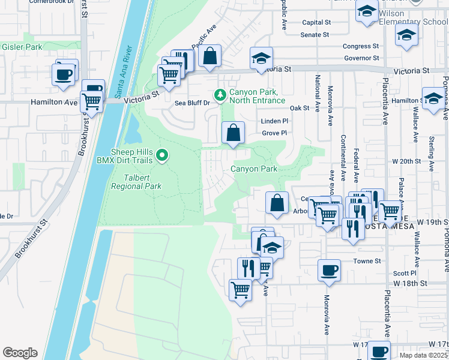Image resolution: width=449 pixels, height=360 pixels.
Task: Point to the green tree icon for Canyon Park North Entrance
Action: tap(220, 95)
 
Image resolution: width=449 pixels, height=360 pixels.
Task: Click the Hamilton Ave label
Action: tap(55, 103)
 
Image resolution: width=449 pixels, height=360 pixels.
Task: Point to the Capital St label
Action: tap(316, 22)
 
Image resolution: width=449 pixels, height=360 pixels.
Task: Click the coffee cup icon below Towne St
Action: tap(329, 271)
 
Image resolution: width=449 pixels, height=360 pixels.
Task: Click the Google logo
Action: tap(20, 353)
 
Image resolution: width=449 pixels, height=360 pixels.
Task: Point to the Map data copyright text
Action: tap(424, 355)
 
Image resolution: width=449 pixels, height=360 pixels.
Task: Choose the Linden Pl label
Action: tap(274, 121)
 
